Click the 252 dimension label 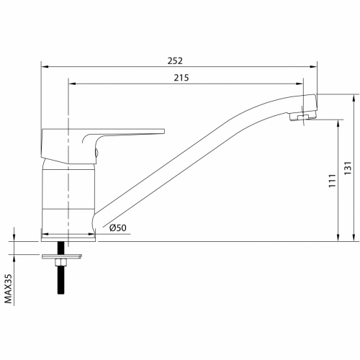176,60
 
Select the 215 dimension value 182,78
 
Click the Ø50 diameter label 119,228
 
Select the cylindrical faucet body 68,194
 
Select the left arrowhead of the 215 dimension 71,84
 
